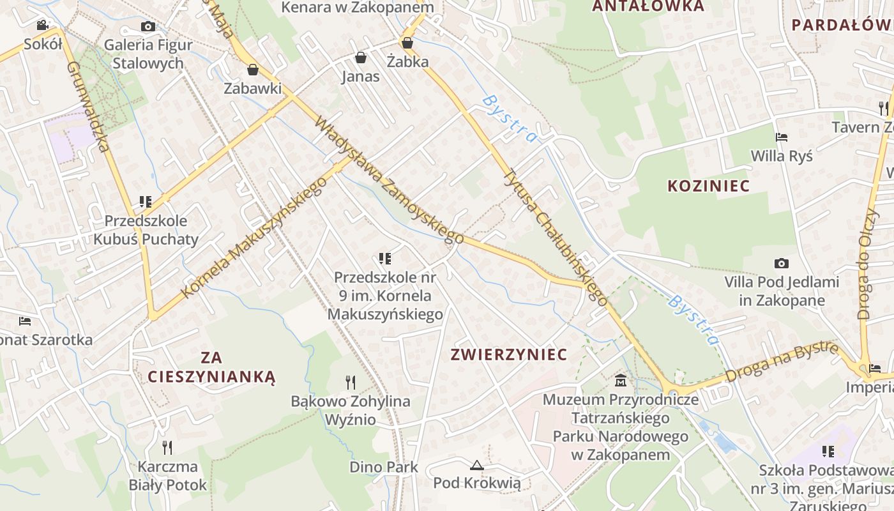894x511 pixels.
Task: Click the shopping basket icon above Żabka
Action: click(407, 43)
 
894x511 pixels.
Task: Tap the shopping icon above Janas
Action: click(361, 57)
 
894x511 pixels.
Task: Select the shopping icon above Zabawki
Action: click(253, 69)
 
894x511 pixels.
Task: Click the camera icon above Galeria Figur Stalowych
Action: click(148, 26)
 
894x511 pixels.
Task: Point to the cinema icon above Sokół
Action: click(42, 26)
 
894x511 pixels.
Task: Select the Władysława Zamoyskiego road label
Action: click(390, 180)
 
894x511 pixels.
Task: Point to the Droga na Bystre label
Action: click(782, 362)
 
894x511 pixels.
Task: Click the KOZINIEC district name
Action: click(708, 186)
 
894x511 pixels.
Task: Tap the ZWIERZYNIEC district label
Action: click(509, 355)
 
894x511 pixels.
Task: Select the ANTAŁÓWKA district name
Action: click(648, 6)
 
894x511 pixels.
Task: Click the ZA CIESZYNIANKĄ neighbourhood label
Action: click(211, 367)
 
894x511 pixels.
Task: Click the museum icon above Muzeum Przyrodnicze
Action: click(620, 381)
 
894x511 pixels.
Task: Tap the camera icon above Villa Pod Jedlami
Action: click(781, 263)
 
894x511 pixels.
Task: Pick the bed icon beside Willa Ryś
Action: click(781, 137)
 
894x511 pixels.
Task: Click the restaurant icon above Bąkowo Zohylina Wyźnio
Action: click(351, 382)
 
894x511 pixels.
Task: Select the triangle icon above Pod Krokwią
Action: click(476, 465)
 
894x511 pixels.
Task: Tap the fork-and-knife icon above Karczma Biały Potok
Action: click(167, 447)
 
